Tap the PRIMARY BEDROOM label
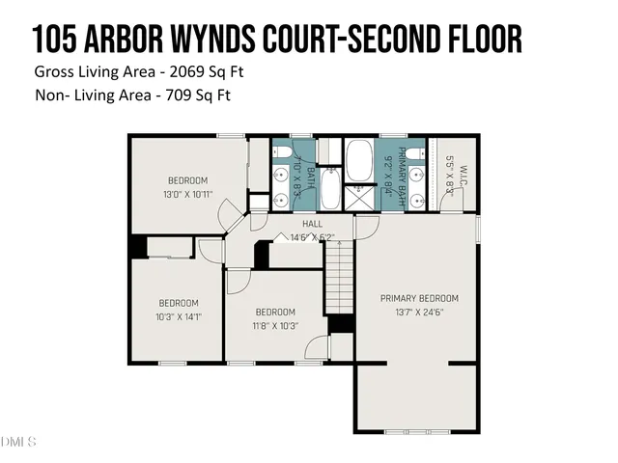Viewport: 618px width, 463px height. pyautogui.click(x=419, y=298)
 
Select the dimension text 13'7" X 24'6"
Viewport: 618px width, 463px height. pyautogui.click(x=419, y=313)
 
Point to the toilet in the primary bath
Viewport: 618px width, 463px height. pyautogui.click(x=413, y=154)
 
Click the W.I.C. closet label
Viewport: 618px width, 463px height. pyautogui.click(x=463, y=177)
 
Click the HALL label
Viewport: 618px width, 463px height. pyautogui.click(x=311, y=224)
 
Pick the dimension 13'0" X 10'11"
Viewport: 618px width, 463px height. pyautogui.click(x=188, y=195)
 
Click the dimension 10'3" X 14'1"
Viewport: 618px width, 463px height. pyautogui.click(x=179, y=315)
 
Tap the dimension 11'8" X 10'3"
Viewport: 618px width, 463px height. pyautogui.click(x=275, y=325)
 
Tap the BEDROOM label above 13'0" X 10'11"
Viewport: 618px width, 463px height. pyautogui.click(x=188, y=180)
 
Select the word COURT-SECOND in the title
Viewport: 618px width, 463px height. pyautogui.click(x=347, y=40)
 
